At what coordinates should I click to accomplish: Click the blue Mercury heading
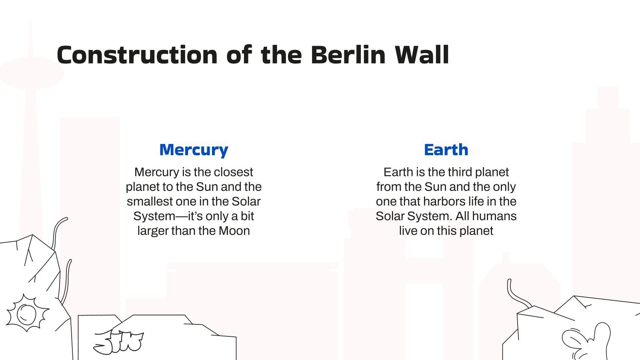[x=194, y=150]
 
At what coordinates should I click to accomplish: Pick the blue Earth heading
[x=446, y=150]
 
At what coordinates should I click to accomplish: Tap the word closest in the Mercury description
[x=234, y=172]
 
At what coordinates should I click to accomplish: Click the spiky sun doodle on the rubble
[x=27, y=313]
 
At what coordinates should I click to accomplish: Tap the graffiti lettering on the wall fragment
[x=118, y=342]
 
